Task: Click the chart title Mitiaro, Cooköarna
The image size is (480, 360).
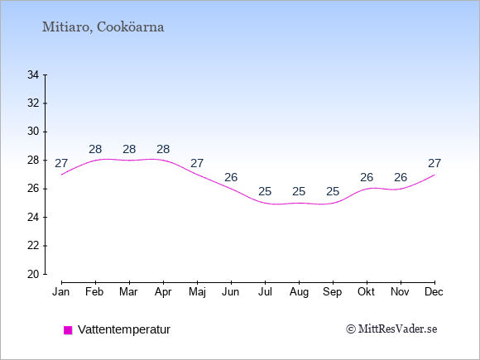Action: click(103, 27)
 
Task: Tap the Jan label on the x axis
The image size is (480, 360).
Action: click(61, 292)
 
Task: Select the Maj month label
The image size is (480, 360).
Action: click(197, 292)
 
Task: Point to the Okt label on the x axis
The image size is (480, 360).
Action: click(366, 292)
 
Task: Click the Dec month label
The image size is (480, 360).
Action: click(434, 292)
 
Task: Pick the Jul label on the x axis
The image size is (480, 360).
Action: click(265, 292)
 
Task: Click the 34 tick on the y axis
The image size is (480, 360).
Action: click(33, 74)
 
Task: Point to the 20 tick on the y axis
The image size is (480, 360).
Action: click(33, 274)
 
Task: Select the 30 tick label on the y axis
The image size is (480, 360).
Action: click(33, 132)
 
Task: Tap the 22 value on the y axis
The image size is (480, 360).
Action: click(33, 246)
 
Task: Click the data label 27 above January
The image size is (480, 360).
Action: click(61, 164)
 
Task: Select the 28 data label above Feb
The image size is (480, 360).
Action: click(95, 150)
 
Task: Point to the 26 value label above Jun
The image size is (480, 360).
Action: click(231, 178)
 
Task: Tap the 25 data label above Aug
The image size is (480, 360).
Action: click(299, 192)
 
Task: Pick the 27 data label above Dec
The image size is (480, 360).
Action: click(434, 164)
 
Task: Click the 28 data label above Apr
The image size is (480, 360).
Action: click(163, 150)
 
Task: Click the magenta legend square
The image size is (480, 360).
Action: click(68, 330)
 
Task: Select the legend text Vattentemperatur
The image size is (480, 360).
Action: click(124, 329)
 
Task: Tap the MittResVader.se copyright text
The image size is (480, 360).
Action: click(391, 329)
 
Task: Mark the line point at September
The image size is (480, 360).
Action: click(333, 203)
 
